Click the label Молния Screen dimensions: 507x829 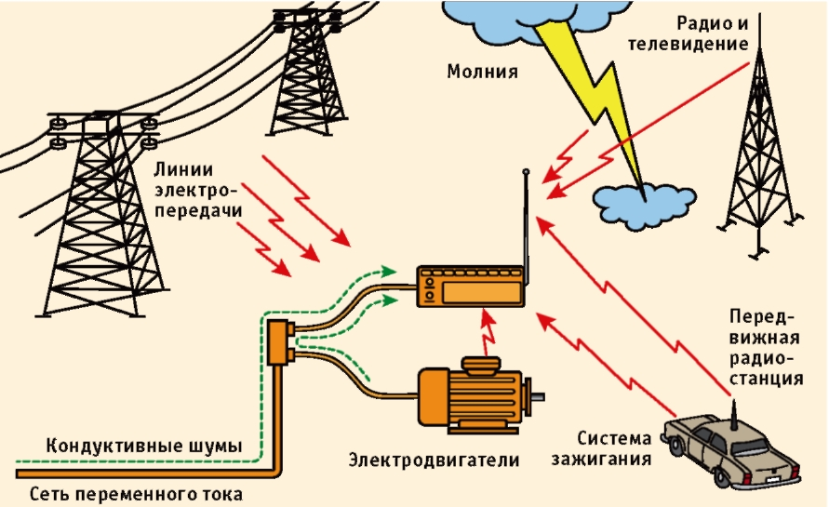point(481,72)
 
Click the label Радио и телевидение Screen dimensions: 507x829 point(714,34)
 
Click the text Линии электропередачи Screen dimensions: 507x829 point(198,191)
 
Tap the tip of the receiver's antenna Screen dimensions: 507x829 point(526,172)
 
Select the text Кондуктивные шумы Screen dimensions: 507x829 point(144,446)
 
